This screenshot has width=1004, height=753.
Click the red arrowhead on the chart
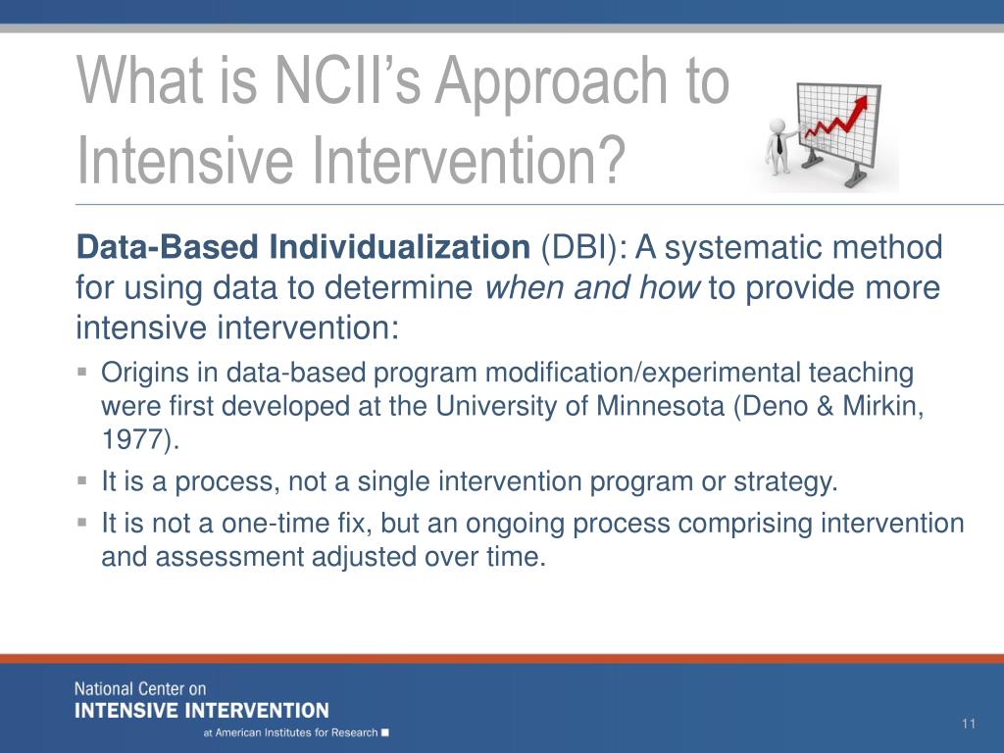861,104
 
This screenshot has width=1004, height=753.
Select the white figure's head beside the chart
778,125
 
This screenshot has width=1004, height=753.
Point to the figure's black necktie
779,144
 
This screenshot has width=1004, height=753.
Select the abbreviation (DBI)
579,248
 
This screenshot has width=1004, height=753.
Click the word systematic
753,248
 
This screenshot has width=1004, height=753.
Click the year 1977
132,440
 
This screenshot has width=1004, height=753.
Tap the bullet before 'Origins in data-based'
82,372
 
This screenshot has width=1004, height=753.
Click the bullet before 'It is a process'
82,479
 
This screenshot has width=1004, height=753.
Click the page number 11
968,724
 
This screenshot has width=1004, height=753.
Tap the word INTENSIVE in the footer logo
126,711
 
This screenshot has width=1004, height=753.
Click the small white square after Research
384,732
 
